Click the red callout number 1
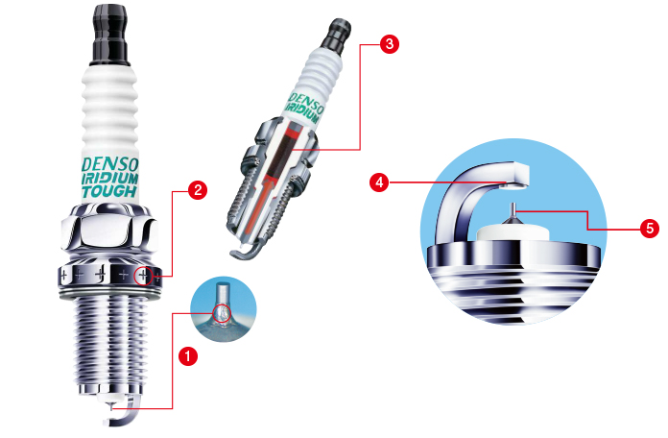point(188,355)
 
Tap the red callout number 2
point(198,190)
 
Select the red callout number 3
point(390,44)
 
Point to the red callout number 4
point(379,182)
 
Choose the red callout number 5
point(650,229)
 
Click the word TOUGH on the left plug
point(109,191)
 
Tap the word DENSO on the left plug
point(110,164)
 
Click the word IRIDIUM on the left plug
point(109,179)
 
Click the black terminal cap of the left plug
point(110,35)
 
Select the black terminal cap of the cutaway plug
point(336,35)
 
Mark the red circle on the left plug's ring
point(143,276)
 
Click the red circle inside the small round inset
point(221,313)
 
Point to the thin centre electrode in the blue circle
point(513,210)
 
